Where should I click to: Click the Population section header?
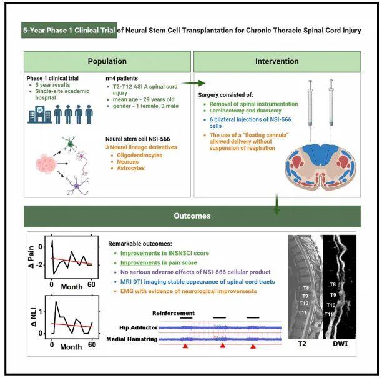click(107, 62)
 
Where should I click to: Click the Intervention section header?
click(275, 62)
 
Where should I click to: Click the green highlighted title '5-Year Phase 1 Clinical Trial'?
click(69, 30)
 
